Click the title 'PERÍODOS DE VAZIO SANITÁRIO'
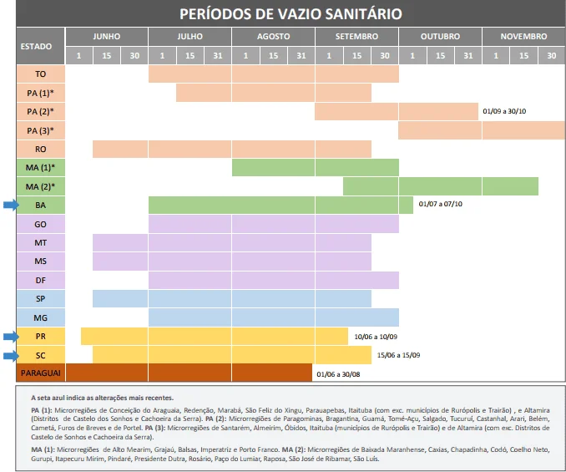point(291,14)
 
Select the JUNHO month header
point(106,37)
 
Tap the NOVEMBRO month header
point(523,37)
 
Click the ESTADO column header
point(40,46)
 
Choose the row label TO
point(40,74)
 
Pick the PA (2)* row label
point(40,111)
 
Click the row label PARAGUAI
point(40,373)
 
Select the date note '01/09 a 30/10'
point(510,111)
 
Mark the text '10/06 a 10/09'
point(376,336)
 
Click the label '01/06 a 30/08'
point(340,373)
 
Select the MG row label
point(40,317)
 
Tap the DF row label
point(40,280)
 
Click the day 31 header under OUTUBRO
point(467,55)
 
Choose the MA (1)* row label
point(40,167)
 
